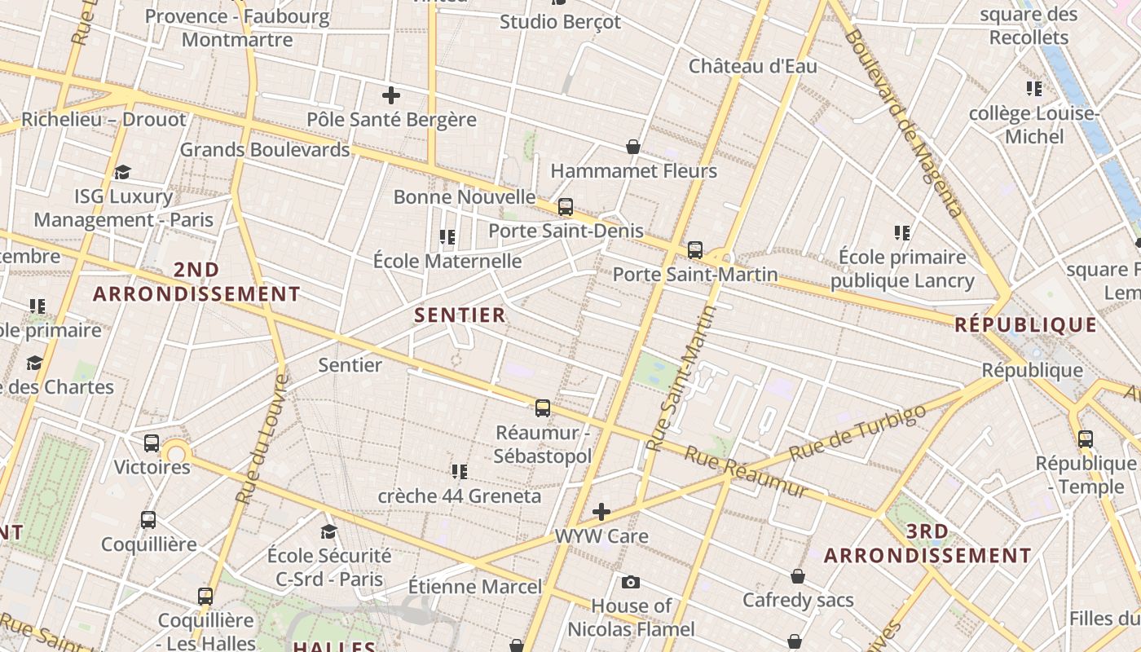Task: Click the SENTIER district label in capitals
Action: [460, 315]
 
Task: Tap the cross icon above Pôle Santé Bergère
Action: [391, 95]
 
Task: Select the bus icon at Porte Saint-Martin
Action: [694, 250]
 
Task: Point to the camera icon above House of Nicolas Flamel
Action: [630, 582]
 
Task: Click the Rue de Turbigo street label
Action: [859, 432]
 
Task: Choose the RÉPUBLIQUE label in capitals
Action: [1026, 324]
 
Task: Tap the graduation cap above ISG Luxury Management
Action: [122, 172]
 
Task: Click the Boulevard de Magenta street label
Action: [904, 122]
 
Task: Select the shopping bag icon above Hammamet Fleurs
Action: [633, 147]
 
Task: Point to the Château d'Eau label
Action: [752, 66]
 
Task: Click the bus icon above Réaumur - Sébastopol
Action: [543, 408]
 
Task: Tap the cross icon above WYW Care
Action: [601, 512]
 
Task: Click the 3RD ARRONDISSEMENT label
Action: [927, 544]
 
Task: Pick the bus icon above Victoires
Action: [152, 443]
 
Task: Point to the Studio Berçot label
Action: [560, 22]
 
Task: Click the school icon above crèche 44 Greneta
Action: [460, 471]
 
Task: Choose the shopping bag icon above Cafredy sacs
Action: [798, 576]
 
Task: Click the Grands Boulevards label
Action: [265, 150]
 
